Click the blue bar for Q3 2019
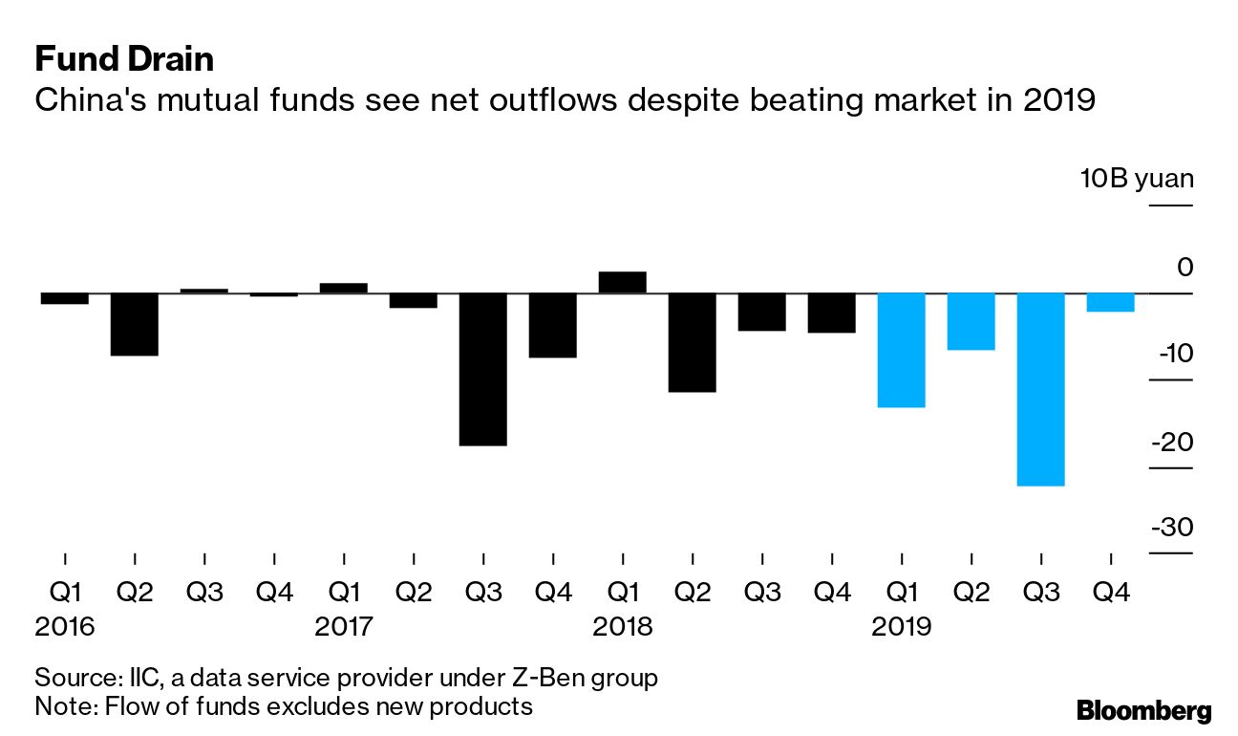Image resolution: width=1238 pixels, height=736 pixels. point(1040,389)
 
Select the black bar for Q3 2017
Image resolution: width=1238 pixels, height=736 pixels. point(482,369)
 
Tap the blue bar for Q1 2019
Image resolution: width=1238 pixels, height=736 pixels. point(901,350)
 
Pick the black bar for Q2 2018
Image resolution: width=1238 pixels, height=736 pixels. point(692,342)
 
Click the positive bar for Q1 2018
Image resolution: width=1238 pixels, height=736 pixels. point(622,282)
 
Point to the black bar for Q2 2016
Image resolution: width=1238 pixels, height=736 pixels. point(135,324)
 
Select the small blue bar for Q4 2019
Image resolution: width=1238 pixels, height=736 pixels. point(1110,302)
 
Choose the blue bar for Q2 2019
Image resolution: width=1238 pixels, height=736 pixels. point(971,321)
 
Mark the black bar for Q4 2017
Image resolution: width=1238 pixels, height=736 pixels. point(552,325)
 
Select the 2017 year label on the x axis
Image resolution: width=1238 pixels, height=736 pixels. point(344,627)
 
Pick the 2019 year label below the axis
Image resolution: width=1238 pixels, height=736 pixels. point(902,627)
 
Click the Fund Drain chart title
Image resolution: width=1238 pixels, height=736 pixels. point(124,60)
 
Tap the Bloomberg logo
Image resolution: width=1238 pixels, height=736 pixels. point(1143,710)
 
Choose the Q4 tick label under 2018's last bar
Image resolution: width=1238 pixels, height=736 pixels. point(831,593)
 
